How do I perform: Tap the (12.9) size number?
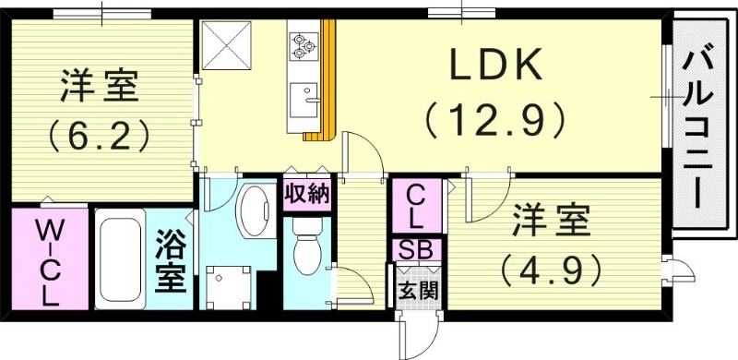494,118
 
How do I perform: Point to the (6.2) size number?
99,138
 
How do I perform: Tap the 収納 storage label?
306,195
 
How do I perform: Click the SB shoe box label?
417,249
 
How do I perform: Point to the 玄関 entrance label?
417,291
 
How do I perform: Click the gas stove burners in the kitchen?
304,44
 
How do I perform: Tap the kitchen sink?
304,96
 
